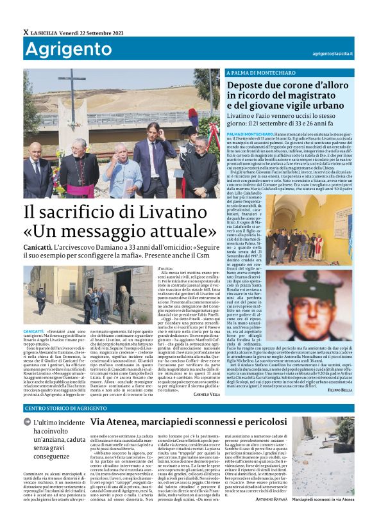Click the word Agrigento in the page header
point(59,50)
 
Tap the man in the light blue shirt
point(121,172)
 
